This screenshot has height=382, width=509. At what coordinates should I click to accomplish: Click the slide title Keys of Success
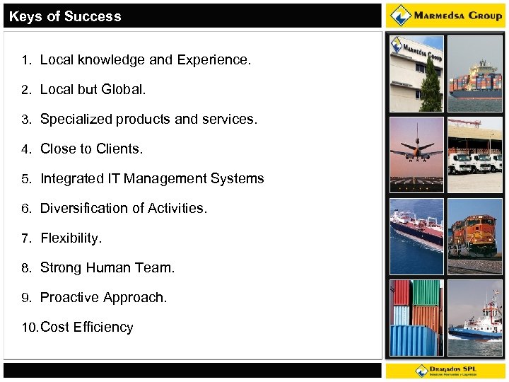65,16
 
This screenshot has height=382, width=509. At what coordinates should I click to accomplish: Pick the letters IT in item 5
114,179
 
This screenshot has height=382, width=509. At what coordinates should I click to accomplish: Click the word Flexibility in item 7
71,238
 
